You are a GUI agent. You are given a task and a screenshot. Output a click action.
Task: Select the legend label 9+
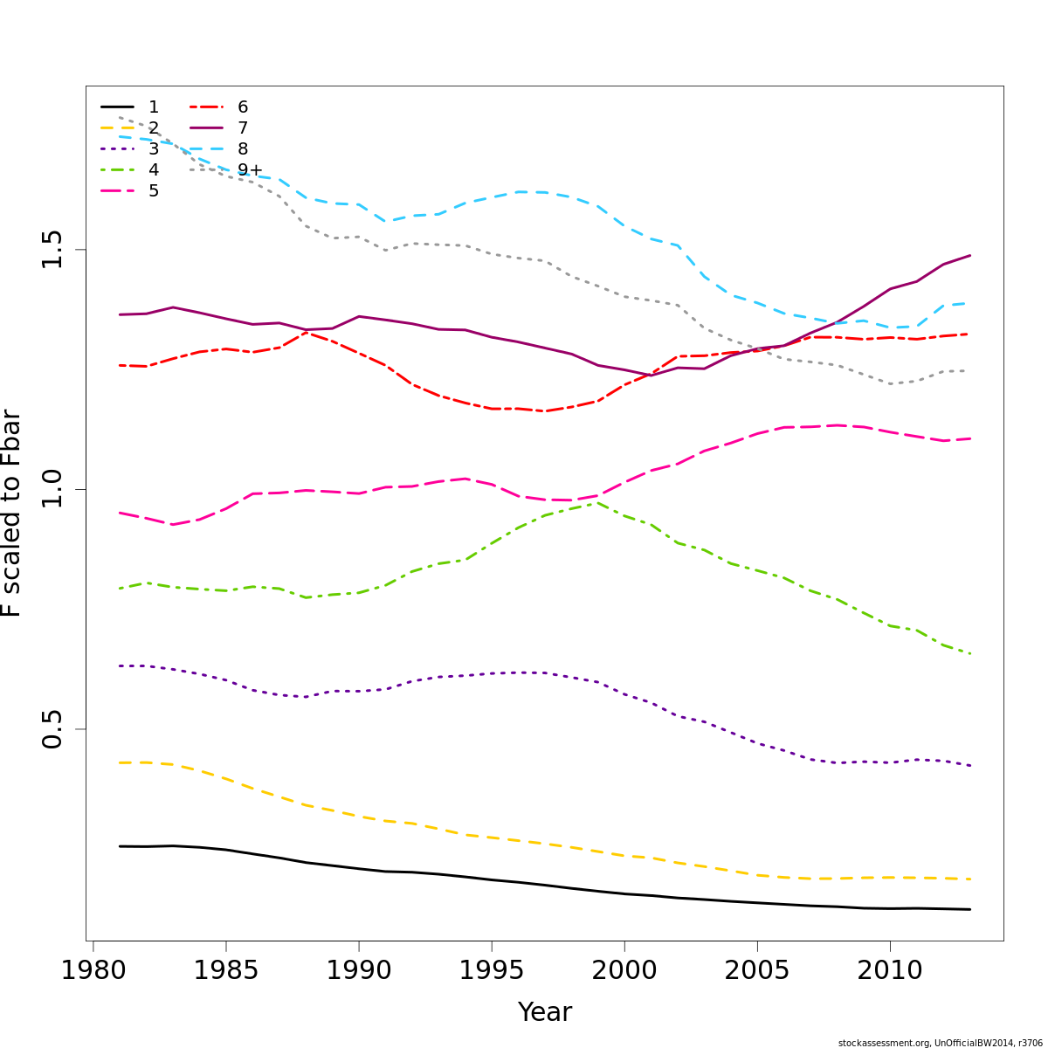tap(250, 170)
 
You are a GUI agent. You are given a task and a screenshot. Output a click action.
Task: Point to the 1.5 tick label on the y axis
tap(53, 250)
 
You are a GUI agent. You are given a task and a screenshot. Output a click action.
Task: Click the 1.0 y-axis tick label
tap(53, 489)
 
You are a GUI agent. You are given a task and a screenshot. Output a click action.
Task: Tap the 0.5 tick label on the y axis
tap(53, 729)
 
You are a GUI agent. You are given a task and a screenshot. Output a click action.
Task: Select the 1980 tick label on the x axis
tap(92, 970)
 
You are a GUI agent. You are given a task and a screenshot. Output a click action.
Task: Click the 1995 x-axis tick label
tap(491, 970)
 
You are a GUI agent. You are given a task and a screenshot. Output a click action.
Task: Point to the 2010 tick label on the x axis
tap(890, 970)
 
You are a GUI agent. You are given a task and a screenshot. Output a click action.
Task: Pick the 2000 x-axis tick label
tap(624, 970)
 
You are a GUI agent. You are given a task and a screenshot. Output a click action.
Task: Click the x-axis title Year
tap(545, 1012)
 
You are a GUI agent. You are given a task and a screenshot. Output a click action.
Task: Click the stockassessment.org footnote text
tap(940, 1043)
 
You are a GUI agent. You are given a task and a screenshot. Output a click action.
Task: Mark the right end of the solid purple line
tap(970, 256)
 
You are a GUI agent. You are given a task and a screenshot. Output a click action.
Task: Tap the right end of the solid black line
tap(970, 909)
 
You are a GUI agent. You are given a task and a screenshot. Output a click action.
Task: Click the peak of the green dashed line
tap(597, 502)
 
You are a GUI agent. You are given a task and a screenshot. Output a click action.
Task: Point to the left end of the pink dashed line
tap(120, 513)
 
